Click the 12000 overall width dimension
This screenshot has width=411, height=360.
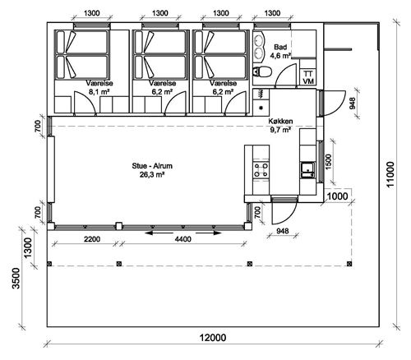click(212, 338)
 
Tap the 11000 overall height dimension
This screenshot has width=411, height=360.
click(390, 174)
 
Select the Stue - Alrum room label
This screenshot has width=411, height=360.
click(152, 166)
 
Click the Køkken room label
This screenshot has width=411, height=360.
click(280, 121)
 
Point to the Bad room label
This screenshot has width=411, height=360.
click(280, 47)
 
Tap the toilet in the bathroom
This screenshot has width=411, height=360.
click(262, 72)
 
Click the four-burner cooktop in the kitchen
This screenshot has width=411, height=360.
click(261, 170)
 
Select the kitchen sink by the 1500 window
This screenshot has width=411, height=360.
click(308, 170)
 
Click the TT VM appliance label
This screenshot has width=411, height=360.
click(308, 77)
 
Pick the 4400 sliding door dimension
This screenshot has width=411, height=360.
click(183, 239)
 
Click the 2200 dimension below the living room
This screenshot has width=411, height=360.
click(92, 239)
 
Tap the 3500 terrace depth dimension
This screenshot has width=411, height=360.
click(16, 278)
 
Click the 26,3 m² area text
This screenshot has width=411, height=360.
click(152, 174)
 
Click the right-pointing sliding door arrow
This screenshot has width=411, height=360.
click(209, 233)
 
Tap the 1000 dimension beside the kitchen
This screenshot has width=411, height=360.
click(338, 196)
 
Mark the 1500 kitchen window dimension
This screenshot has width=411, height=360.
click(329, 162)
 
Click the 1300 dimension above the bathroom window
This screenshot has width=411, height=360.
click(272, 13)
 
